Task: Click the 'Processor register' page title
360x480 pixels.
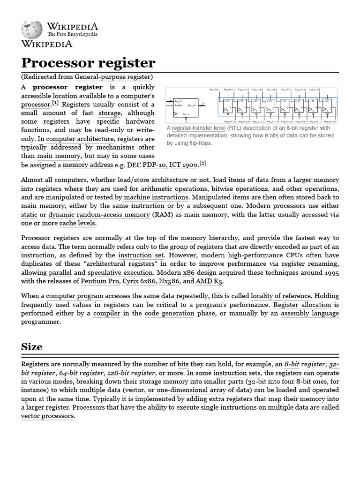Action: (88, 63)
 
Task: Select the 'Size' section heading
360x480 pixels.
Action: (32, 347)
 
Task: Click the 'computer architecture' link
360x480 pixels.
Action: (80, 139)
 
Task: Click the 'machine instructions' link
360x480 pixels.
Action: (157, 197)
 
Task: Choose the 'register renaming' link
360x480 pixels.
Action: (310, 264)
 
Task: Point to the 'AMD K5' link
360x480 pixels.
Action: (210, 281)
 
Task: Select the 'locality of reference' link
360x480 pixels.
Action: (281, 296)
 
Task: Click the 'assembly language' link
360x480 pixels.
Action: (310, 313)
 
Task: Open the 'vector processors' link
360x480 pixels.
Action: (47, 416)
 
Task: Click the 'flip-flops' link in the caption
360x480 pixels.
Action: (200, 143)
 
